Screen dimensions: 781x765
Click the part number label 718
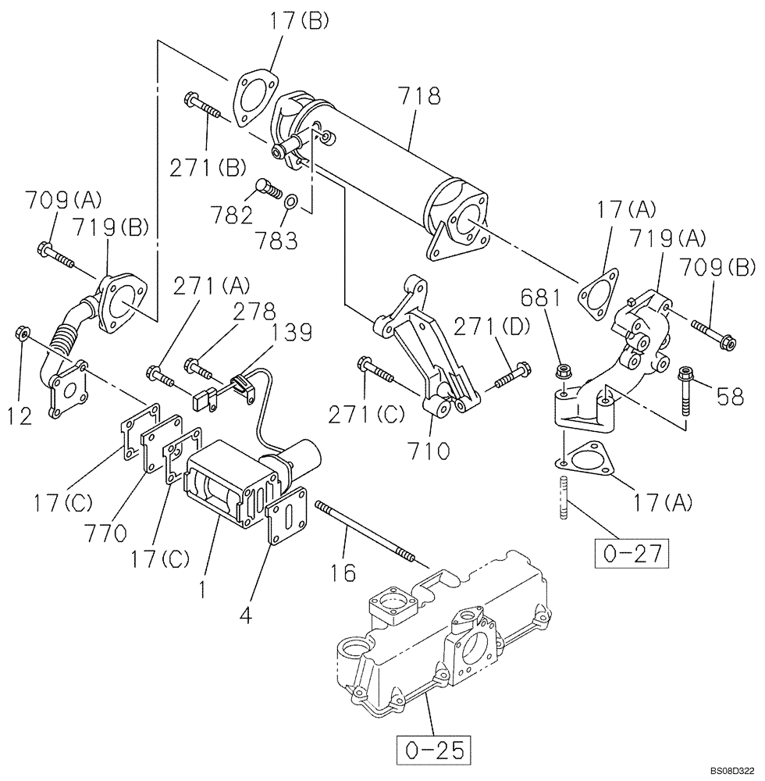click(x=418, y=97)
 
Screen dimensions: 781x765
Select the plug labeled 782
click(x=267, y=187)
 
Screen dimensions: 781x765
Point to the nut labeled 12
click(x=23, y=335)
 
